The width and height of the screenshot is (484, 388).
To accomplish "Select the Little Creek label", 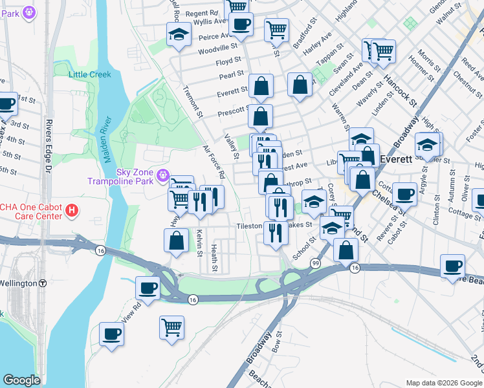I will coord(90,74).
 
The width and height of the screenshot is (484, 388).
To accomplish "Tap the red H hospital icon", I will coord(72,210).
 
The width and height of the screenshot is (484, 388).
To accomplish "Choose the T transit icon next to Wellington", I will coord(43,283).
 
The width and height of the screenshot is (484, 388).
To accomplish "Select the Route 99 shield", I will coord(315,263).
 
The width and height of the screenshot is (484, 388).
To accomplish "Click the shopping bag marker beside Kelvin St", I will coord(177,241).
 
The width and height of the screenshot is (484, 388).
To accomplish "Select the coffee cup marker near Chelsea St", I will coord(406,193).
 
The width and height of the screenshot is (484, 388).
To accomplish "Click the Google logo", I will coord(21,380).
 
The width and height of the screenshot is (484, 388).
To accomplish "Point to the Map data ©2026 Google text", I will coord(444,382).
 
